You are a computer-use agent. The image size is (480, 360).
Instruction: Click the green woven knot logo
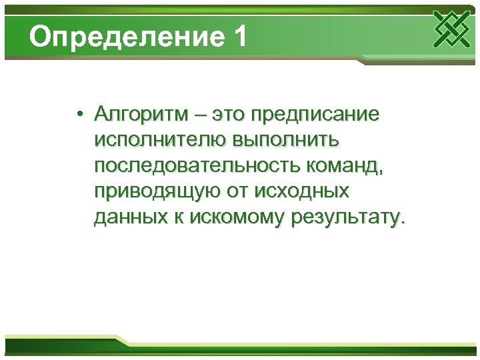click(451, 29)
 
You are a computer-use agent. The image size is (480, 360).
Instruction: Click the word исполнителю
click(160, 141)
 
